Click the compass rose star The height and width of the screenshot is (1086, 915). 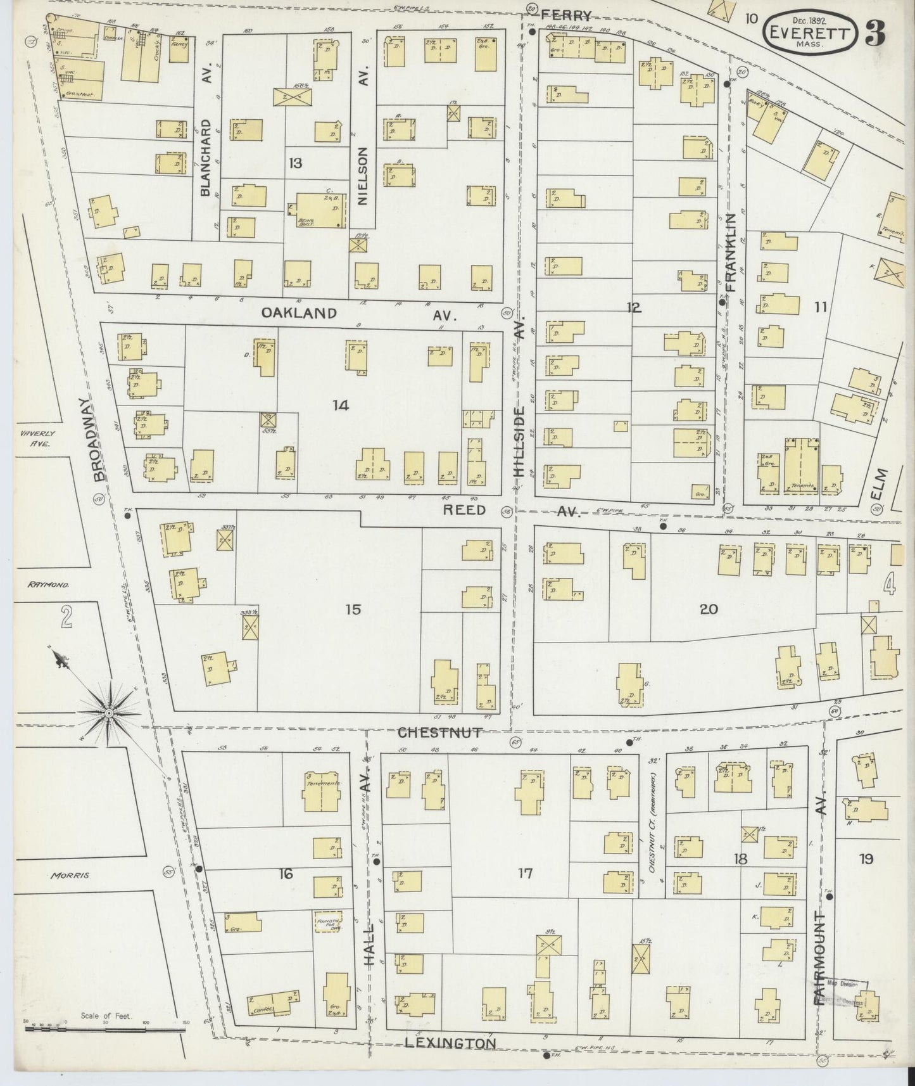pos(109,713)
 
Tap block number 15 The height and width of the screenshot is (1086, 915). pos(353,610)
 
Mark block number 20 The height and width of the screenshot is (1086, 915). pos(709,610)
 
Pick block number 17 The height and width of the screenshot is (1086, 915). pos(525,874)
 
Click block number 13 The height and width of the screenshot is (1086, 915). pos(295,163)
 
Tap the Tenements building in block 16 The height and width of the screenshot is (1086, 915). pos(323,791)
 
